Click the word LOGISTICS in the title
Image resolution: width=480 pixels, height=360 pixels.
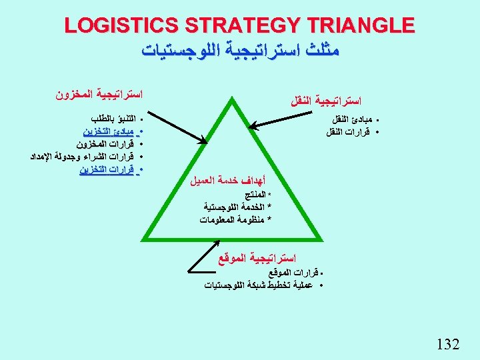pyautogui.click(x=120, y=26)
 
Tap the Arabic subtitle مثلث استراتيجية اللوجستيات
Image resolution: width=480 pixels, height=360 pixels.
pyautogui.click(x=239, y=50)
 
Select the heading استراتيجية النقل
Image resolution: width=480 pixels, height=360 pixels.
pyautogui.click(x=326, y=101)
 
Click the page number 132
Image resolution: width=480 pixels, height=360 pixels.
pyautogui.click(x=447, y=344)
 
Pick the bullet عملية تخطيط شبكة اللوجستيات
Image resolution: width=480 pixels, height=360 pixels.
pyautogui.click(x=260, y=285)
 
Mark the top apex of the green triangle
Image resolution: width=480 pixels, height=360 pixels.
pyautogui.click(x=234, y=100)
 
